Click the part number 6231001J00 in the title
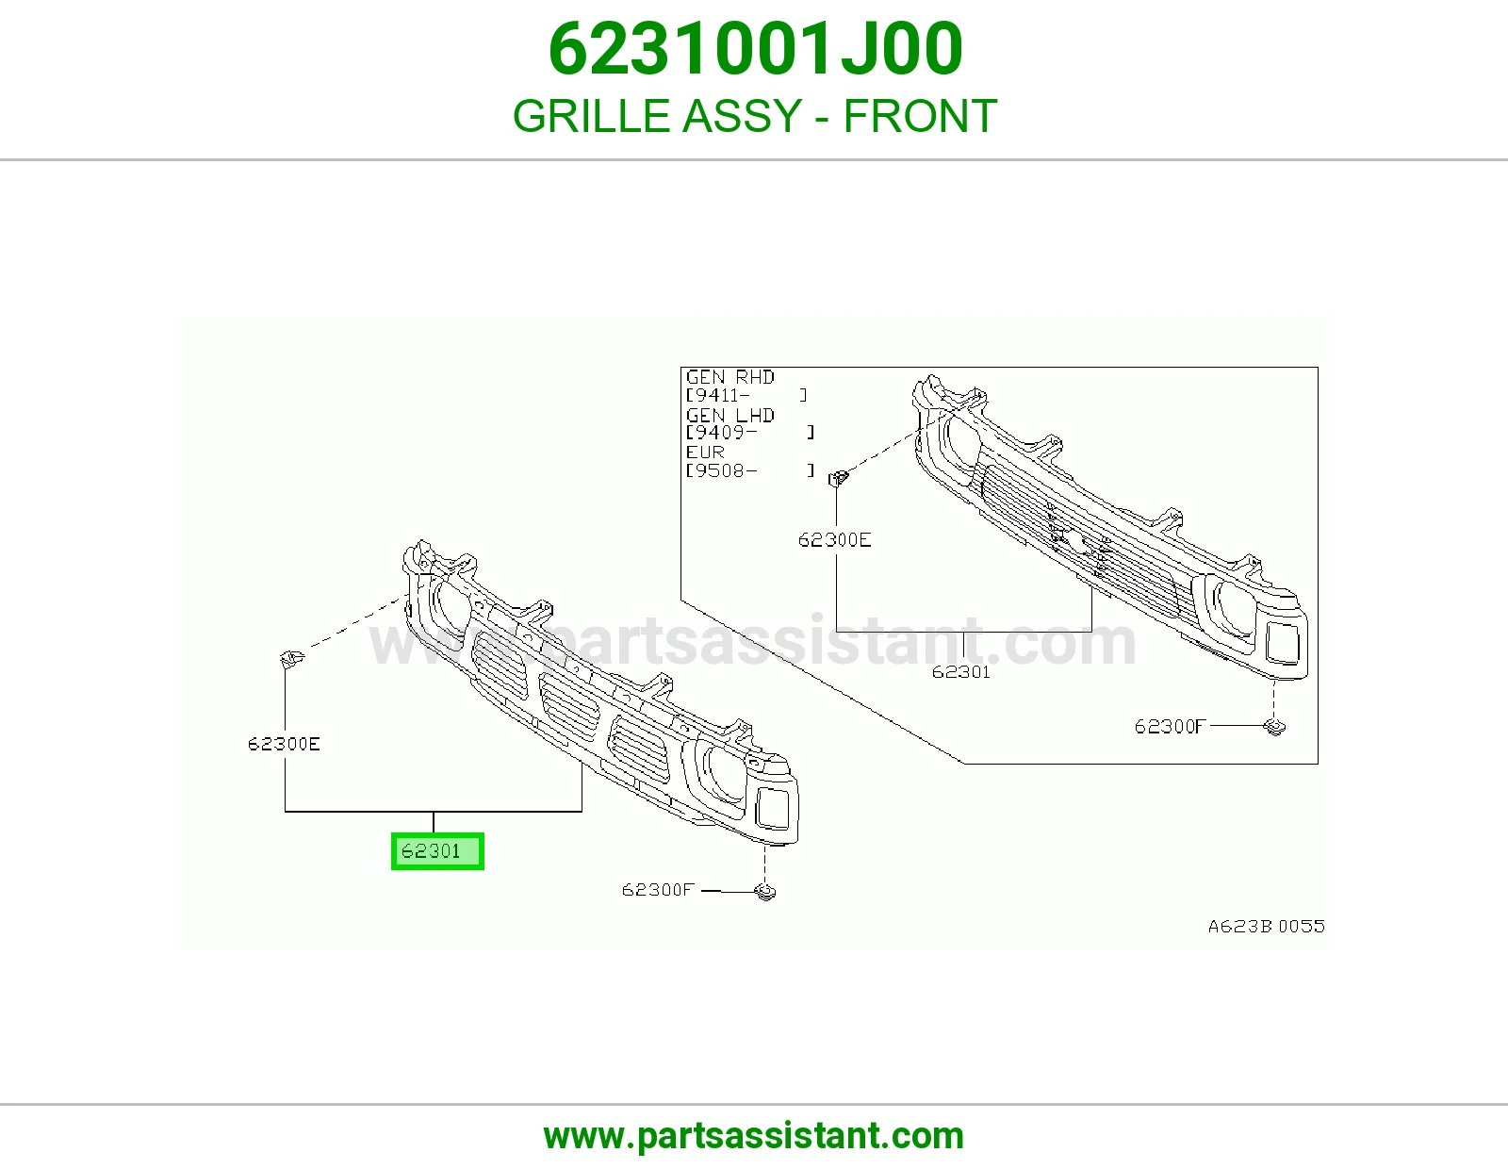click(x=755, y=49)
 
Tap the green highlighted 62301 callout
click(x=437, y=851)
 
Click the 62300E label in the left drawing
click(x=284, y=744)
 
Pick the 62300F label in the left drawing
click(x=658, y=890)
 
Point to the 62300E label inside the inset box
click(x=834, y=540)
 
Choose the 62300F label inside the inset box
click(x=1170, y=727)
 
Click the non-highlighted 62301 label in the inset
click(x=961, y=672)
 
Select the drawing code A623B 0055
click(x=1267, y=927)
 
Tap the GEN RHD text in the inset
click(x=730, y=378)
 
